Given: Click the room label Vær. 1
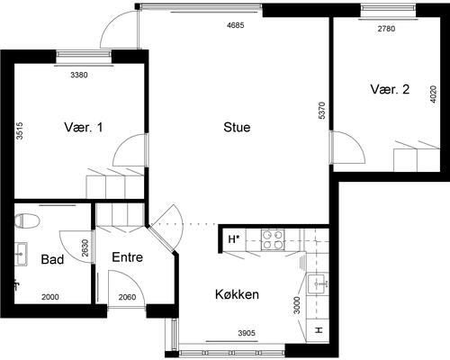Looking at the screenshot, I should point(83,127).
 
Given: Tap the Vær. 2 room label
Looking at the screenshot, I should point(391,89).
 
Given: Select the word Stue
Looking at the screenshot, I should point(237,127).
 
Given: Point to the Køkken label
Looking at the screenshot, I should point(238,294).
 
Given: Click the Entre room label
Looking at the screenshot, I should point(128,256).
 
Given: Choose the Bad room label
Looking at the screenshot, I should point(52,260).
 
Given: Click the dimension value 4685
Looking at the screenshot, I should point(236,25).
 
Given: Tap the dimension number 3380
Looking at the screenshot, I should point(79,75).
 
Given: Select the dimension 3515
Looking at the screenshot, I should point(19,131).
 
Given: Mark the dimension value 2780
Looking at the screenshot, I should point(386,29).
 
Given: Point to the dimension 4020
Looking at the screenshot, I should point(433,96).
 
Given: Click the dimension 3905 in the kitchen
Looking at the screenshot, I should point(247,333).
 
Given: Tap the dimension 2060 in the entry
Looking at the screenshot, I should point(126,297).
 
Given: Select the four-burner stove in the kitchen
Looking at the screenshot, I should point(273,239).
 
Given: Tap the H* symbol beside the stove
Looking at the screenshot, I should point(233,239).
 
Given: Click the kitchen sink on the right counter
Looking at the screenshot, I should point(319,285).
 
